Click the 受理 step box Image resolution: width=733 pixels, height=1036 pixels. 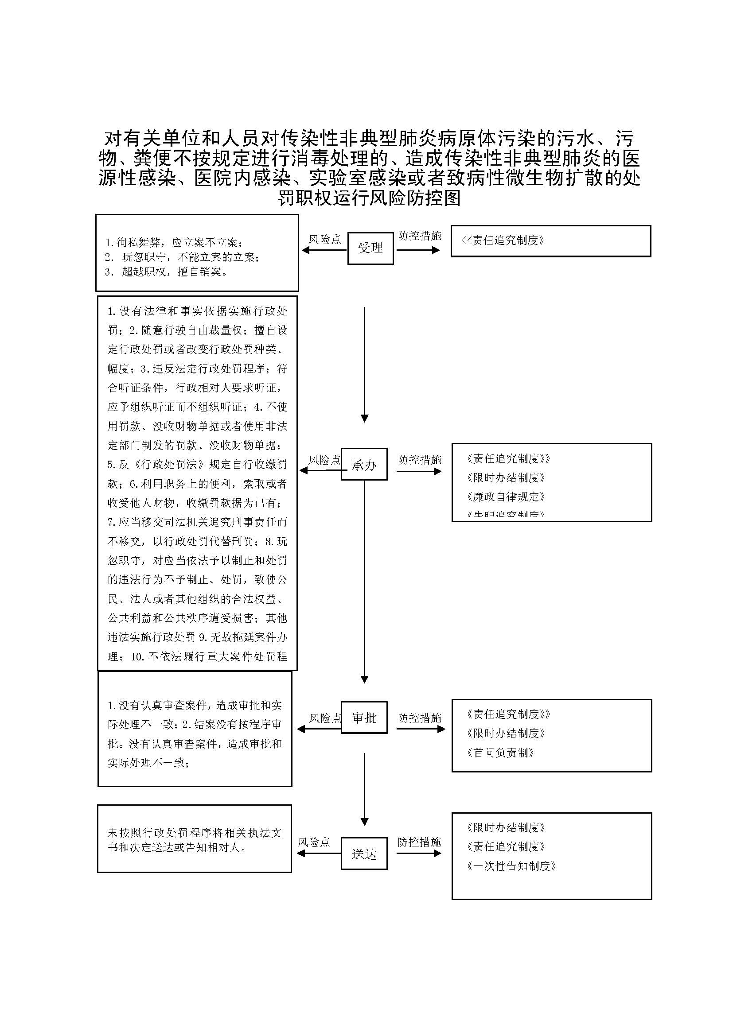(x=370, y=248)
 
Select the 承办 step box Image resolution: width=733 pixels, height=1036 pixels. (x=364, y=464)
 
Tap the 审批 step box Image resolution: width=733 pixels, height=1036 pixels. (x=364, y=718)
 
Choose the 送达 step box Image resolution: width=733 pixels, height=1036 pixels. (x=364, y=854)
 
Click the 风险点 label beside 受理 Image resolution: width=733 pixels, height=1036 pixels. (x=324, y=240)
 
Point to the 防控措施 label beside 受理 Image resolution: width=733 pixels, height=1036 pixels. (x=419, y=236)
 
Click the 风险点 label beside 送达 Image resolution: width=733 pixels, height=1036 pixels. (x=314, y=842)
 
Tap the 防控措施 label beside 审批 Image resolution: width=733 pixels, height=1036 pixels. (x=419, y=718)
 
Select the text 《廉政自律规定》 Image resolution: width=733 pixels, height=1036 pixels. (x=506, y=497)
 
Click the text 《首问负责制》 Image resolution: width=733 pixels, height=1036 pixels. (x=500, y=752)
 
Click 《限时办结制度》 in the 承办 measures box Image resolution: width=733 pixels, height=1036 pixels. (x=506, y=477)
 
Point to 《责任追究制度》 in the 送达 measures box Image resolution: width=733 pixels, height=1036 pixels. (x=506, y=846)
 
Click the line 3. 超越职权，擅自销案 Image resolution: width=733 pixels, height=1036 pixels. (x=167, y=272)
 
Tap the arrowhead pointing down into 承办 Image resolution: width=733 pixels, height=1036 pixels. (x=364, y=418)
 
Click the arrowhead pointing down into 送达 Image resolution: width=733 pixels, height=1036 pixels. (x=364, y=822)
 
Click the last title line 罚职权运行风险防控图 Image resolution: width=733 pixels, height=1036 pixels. (x=369, y=198)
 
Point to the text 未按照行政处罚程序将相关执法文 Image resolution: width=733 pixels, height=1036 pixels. (x=195, y=833)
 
